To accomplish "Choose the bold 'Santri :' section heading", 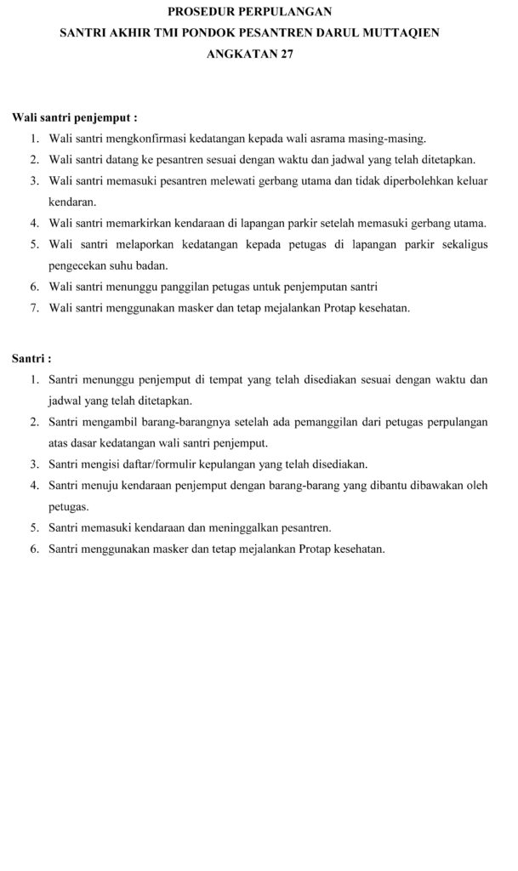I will tap(31, 358).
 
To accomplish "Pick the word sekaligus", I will tap(464, 244).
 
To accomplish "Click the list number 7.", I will tap(34, 308).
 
